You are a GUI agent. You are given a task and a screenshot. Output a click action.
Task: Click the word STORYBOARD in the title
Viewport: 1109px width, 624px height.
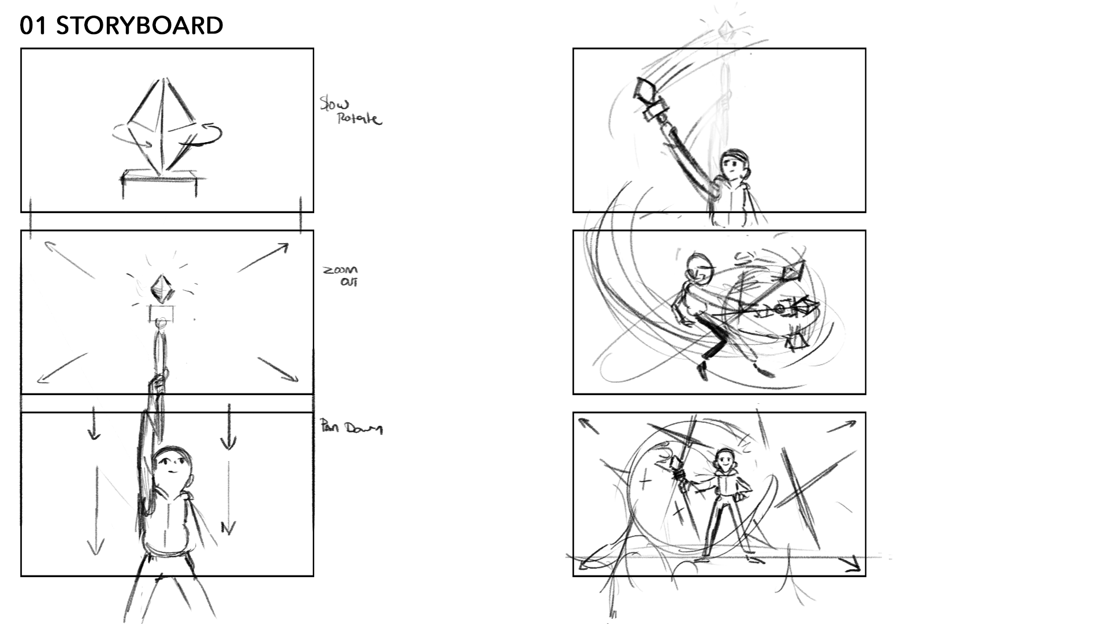pyautogui.click(x=139, y=25)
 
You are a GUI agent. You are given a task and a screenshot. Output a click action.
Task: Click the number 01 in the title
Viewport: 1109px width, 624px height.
pyautogui.click(x=33, y=25)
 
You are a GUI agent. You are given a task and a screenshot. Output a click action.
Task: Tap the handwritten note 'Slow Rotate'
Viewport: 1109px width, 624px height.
pyautogui.click(x=351, y=112)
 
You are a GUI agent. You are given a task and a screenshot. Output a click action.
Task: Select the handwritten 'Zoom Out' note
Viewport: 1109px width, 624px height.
pyautogui.click(x=341, y=276)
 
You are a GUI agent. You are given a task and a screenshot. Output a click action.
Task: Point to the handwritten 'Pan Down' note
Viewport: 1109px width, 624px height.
pyautogui.click(x=351, y=428)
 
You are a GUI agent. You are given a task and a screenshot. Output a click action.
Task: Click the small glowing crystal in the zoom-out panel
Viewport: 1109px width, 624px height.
pyautogui.click(x=162, y=288)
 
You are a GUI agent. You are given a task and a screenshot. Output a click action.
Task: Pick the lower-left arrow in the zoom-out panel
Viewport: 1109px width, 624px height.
pyautogui.click(x=62, y=367)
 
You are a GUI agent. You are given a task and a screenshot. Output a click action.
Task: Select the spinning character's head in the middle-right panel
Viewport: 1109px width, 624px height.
pyautogui.click(x=699, y=268)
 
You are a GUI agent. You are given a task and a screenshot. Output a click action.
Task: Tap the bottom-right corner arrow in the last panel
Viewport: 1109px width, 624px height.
pyautogui.click(x=850, y=563)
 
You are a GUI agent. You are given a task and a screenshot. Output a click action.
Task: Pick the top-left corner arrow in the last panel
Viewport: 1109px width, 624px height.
pyautogui.click(x=589, y=425)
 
